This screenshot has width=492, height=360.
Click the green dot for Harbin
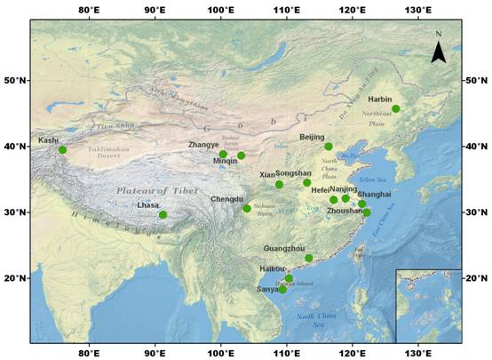(396, 109)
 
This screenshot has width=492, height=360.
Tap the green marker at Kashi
(62, 149)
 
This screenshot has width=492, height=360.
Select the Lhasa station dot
(163, 214)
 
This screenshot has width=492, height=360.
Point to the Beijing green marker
(329, 147)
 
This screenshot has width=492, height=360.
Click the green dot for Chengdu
(247, 208)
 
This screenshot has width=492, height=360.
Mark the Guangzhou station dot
(309, 258)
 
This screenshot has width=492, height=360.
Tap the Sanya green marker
(282, 289)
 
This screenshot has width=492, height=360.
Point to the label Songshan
(294, 173)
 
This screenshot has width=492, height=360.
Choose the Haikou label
(273, 268)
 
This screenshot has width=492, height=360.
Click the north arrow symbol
(438, 50)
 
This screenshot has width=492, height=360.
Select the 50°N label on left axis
(15, 80)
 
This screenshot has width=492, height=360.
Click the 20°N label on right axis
(476, 278)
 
